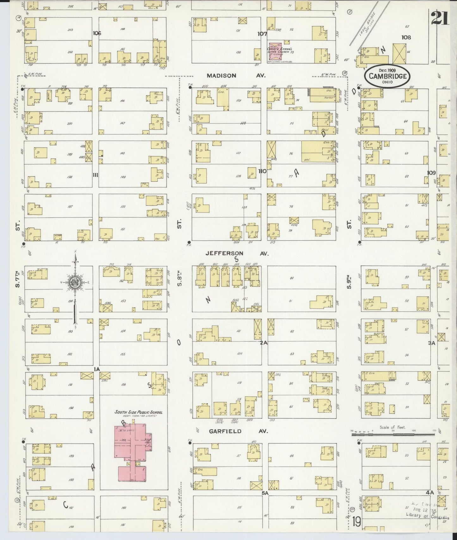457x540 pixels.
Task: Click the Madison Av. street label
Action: pos(236,76)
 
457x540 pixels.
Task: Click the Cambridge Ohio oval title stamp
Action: pos(387,76)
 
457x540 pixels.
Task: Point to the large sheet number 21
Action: pos(440,18)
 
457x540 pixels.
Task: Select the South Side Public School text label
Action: pos(139,412)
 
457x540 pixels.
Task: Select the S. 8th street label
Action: pos(180,279)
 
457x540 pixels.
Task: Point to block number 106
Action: pos(97,33)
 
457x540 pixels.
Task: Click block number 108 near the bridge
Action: pos(406,37)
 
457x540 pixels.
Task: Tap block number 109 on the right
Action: pos(431,173)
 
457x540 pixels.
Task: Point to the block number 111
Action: pos(96,175)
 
